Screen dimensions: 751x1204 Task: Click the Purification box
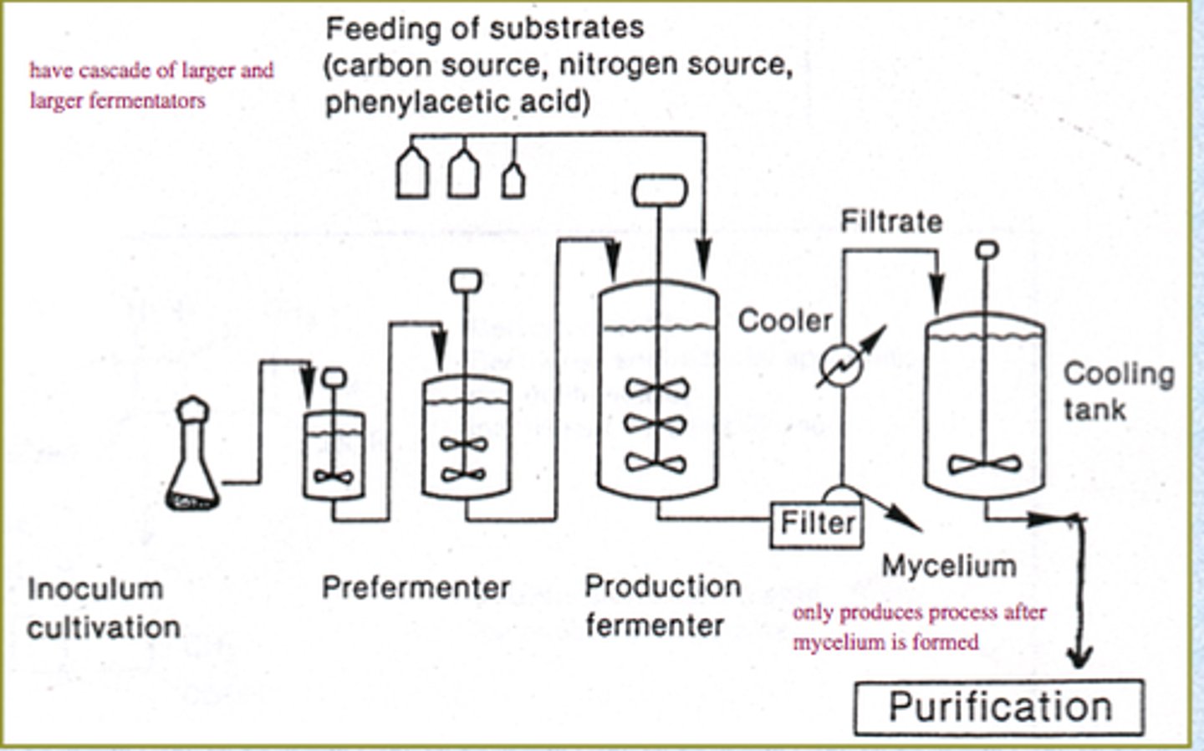tap(999, 708)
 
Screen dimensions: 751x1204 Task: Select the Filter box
tap(816, 524)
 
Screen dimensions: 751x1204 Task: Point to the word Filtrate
tap(891, 222)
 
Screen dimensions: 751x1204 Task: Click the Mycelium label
tap(949, 566)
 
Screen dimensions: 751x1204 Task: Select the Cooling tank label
tap(1117, 391)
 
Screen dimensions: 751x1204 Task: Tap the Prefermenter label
tap(416, 587)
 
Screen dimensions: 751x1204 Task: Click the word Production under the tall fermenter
tap(662, 586)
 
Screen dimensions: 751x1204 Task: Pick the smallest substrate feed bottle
tap(513, 180)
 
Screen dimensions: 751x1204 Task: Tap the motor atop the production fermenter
tap(660, 191)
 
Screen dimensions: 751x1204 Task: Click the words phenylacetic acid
tap(457, 102)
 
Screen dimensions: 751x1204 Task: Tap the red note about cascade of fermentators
tap(151, 85)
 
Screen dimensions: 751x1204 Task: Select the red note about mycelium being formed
tap(919, 627)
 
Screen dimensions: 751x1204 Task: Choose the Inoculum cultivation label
tap(104, 608)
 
